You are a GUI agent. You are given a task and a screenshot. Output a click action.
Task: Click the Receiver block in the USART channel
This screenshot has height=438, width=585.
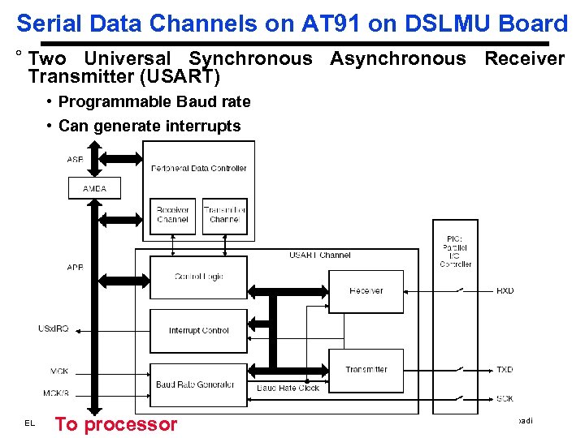tap(366, 291)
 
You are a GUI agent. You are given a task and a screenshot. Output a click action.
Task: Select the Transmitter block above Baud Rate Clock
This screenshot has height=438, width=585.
tap(366, 370)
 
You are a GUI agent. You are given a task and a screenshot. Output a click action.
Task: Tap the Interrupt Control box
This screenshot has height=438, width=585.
tap(199, 330)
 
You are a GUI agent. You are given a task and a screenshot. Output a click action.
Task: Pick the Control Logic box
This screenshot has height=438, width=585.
tap(199, 277)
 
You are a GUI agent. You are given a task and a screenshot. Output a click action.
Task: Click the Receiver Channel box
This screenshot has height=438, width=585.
tap(172, 215)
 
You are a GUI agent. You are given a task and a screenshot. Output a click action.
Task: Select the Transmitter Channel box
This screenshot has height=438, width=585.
tap(224, 215)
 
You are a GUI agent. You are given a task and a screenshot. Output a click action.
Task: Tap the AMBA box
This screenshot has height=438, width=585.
tap(94, 188)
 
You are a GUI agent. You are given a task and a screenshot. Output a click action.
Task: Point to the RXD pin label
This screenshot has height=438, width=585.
tap(505, 291)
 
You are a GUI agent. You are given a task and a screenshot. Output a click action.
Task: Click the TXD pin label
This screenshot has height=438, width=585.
tap(505, 370)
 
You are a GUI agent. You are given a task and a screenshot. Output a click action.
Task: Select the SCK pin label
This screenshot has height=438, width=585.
tap(505, 399)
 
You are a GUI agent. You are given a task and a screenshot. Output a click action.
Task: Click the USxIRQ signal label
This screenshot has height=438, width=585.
tap(54, 328)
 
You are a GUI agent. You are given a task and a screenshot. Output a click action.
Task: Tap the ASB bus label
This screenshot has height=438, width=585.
tap(75, 160)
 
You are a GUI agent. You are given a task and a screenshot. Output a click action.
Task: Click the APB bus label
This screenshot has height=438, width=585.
tap(75, 267)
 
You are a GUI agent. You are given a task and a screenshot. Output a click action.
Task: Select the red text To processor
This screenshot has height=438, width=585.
tap(115, 424)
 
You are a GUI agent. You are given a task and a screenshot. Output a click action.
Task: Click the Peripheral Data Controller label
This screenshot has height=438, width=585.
tap(198, 169)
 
